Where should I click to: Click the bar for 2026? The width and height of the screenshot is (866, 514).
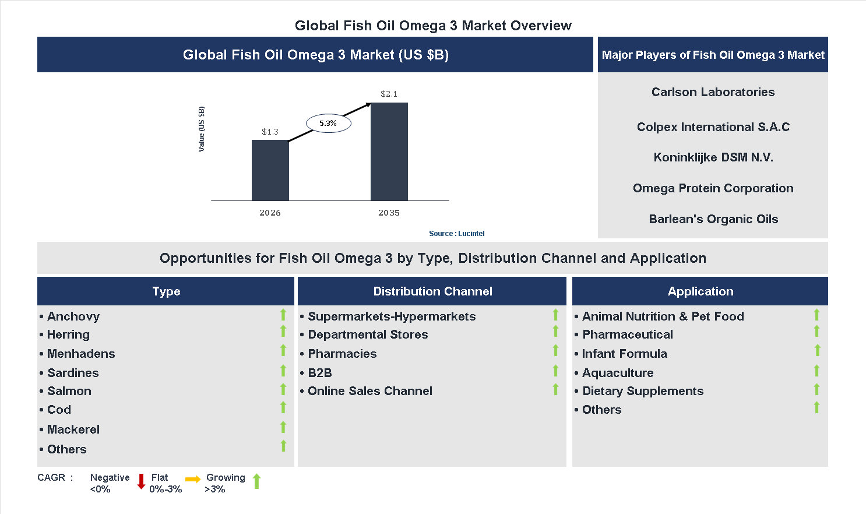pyautogui.click(x=270, y=170)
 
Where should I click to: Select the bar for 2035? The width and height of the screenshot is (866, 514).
pyautogui.click(x=389, y=152)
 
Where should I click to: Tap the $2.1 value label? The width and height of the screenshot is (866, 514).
pyautogui.click(x=389, y=94)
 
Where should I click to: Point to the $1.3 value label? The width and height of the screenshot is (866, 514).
pyautogui.click(x=270, y=132)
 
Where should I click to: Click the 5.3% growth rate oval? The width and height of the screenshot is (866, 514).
pyautogui.click(x=328, y=124)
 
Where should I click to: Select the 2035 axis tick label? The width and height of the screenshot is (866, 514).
pyautogui.click(x=389, y=213)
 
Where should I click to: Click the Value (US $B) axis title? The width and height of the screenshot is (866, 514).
pyautogui.click(x=202, y=129)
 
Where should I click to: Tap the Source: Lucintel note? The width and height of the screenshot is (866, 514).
pyautogui.click(x=456, y=234)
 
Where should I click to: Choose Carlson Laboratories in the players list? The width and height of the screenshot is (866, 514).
pyautogui.click(x=713, y=92)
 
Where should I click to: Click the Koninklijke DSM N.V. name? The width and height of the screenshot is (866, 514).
pyautogui.click(x=713, y=157)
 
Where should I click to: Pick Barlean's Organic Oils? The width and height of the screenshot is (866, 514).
pyautogui.click(x=713, y=219)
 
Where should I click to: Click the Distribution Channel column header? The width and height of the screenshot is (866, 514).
pyautogui.click(x=432, y=291)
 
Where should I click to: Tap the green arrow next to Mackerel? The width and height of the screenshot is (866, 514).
pyautogui.click(x=283, y=427)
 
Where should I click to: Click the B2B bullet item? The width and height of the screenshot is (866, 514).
pyautogui.click(x=320, y=373)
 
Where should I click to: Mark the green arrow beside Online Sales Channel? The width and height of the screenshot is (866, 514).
pyautogui.click(x=555, y=389)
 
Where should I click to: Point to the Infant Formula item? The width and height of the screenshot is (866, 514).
pyautogui.click(x=624, y=354)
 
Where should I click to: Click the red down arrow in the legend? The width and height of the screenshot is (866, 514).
pyautogui.click(x=141, y=481)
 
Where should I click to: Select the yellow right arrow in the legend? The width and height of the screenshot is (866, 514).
pyautogui.click(x=193, y=480)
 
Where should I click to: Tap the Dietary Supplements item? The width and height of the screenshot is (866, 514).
pyautogui.click(x=643, y=391)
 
